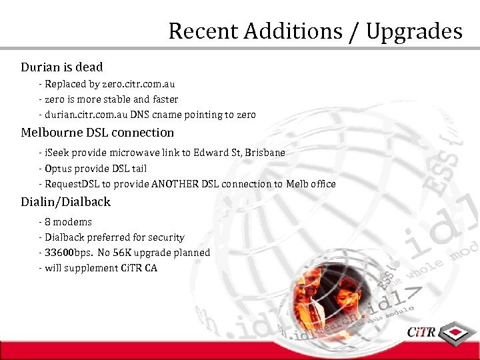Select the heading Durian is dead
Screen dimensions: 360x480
tap(62, 67)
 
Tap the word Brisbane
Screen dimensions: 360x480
tap(265, 153)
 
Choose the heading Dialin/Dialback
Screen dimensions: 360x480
tap(65, 201)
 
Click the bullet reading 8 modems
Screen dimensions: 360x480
tap(68, 222)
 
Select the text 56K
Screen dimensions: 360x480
tap(131, 253)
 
